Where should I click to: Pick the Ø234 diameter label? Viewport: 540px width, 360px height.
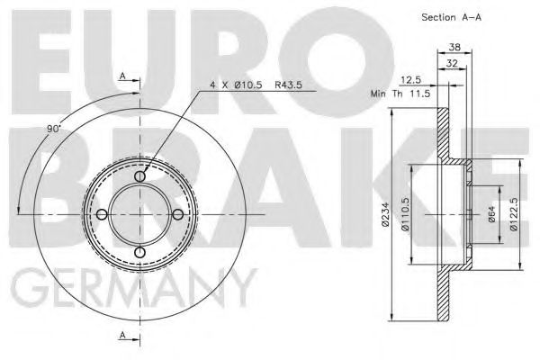tap(384, 216)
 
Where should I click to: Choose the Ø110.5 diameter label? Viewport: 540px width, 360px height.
tap(406, 216)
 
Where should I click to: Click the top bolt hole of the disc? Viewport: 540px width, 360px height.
tap(139, 177)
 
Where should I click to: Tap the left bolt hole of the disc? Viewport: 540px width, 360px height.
tap(103, 214)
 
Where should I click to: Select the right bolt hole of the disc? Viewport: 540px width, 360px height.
tap(177, 214)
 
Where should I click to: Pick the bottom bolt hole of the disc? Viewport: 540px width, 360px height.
tap(139, 251)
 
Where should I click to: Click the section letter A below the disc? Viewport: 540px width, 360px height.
tap(122, 336)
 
